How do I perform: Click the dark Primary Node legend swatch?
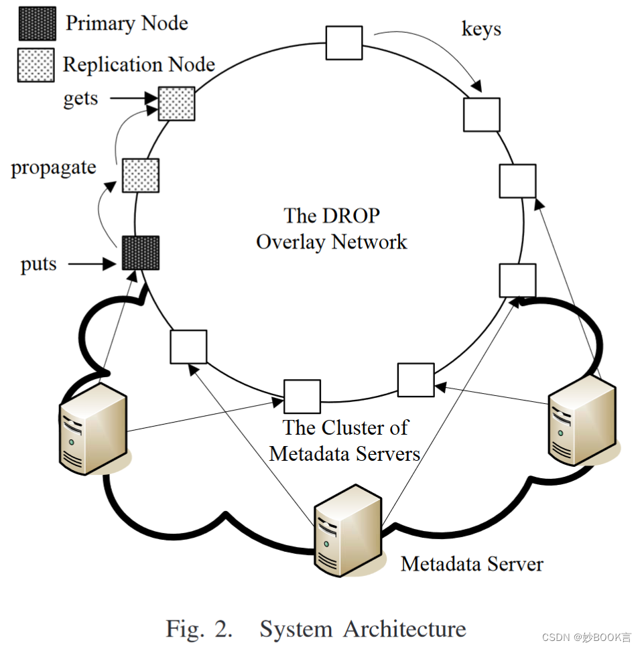[x=36, y=23]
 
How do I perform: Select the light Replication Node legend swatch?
[x=36, y=65]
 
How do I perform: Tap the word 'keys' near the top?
[x=481, y=29]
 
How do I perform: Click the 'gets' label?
[x=80, y=99]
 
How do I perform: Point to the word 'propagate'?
[x=54, y=167]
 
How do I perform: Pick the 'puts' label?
[x=39, y=264]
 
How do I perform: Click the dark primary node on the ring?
[x=141, y=253]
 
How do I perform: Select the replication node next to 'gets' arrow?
[x=177, y=103]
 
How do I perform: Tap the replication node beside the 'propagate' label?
[x=141, y=175]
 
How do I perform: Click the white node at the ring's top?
[x=344, y=42]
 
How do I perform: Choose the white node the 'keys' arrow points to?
[x=481, y=115]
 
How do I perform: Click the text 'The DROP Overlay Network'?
[x=332, y=229]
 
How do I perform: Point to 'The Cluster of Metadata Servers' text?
[x=344, y=440]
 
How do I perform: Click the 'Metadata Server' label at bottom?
[x=472, y=564]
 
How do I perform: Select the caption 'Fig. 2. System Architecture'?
[x=316, y=629]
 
